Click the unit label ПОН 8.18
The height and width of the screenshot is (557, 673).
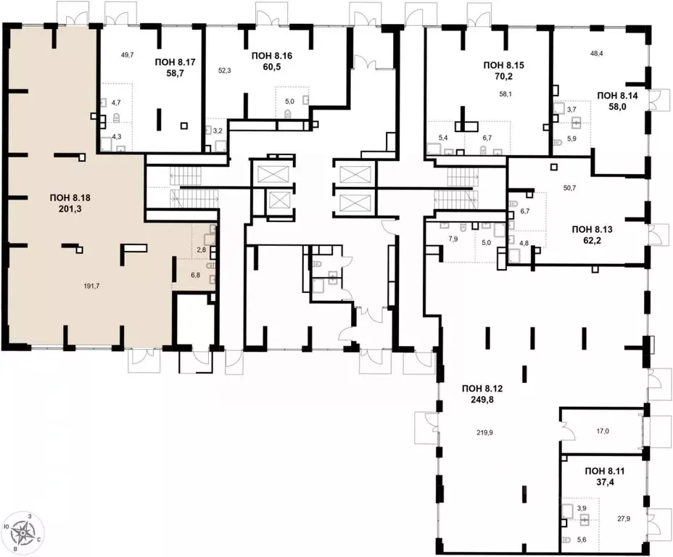click(70, 198)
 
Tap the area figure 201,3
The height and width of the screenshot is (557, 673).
click(70, 209)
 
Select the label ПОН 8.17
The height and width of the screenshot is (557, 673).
click(175, 62)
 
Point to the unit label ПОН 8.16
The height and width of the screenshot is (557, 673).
click(272, 55)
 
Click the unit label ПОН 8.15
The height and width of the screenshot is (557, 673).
click(504, 65)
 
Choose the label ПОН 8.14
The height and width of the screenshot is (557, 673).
click(618, 95)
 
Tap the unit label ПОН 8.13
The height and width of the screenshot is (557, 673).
click(593, 230)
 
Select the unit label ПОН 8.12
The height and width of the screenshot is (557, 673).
click(482, 389)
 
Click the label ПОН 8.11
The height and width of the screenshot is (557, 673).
click(605, 471)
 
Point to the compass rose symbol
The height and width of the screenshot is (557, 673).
click(22, 532)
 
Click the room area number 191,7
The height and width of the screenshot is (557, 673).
click(92, 286)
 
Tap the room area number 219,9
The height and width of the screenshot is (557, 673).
click(485, 433)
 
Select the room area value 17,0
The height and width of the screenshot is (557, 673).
click(603, 432)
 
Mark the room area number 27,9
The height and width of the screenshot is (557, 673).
click(624, 519)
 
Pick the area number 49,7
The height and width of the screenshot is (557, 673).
click(128, 54)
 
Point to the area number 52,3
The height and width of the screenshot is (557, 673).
click(225, 71)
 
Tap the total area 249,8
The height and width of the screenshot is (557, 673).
click(482, 400)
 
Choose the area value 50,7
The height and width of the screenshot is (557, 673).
click(569, 187)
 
